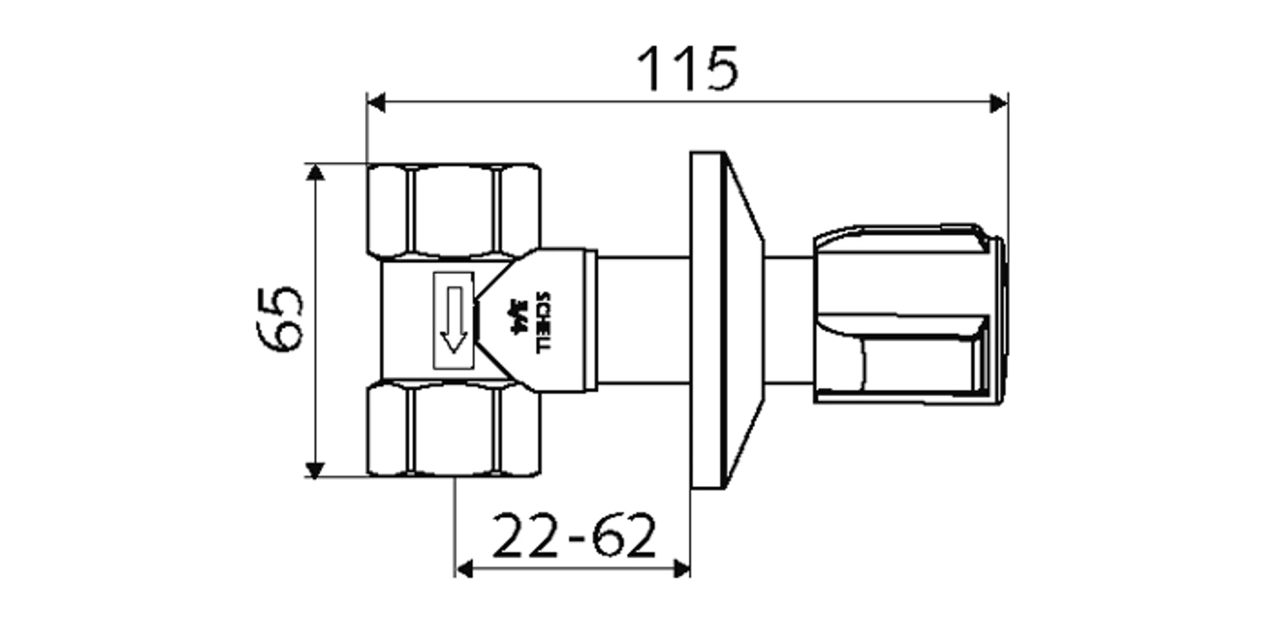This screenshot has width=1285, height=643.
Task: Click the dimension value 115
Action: (x=687, y=69)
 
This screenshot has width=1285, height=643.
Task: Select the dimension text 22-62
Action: (x=574, y=535)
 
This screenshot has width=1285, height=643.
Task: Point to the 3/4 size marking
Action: (x=516, y=316)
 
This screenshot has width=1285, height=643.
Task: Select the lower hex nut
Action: (x=454, y=430)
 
